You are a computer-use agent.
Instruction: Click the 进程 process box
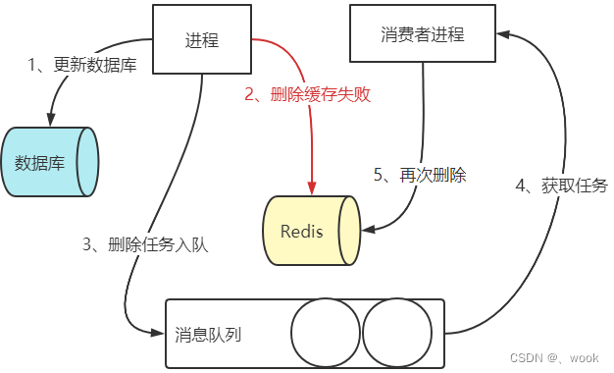click(x=202, y=39)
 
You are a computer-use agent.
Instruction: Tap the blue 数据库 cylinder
click(x=50, y=162)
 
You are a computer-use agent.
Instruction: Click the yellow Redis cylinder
click(x=310, y=232)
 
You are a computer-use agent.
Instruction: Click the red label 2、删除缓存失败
click(x=307, y=95)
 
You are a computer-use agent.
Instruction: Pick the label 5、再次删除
click(x=419, y=176)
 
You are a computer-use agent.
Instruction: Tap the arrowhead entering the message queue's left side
click(x=158, y=333)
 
